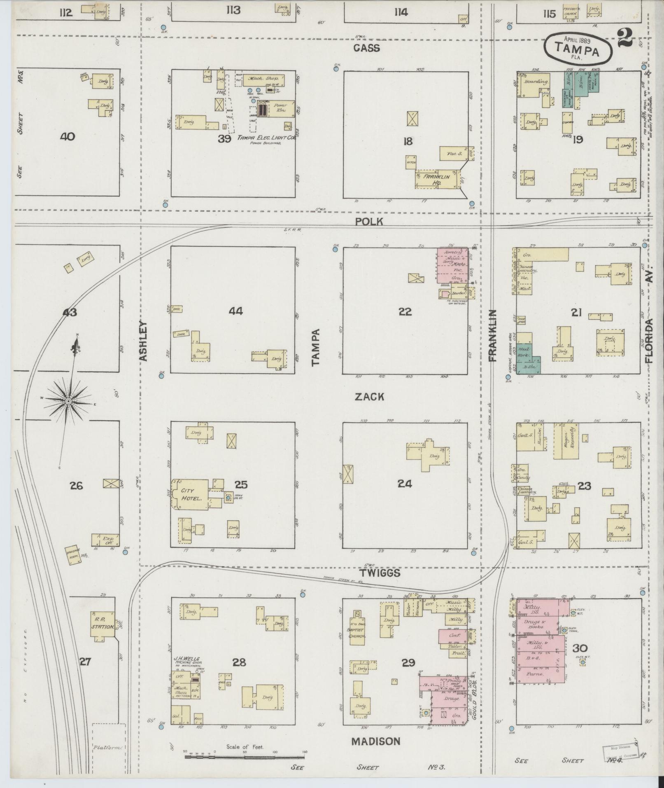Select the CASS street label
(x=366, y=49)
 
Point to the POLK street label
(x=369, y=222)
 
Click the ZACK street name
(x=369, y=397)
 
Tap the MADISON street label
(x=375, y=741)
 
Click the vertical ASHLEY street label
(x=143, y=341)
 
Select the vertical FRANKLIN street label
(x=493, y=336)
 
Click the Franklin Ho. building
(x=436, y=179)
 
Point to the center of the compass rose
(x=68, y=400)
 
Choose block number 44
(x=236, y=311)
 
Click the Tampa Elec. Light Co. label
(x=266, y=138)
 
